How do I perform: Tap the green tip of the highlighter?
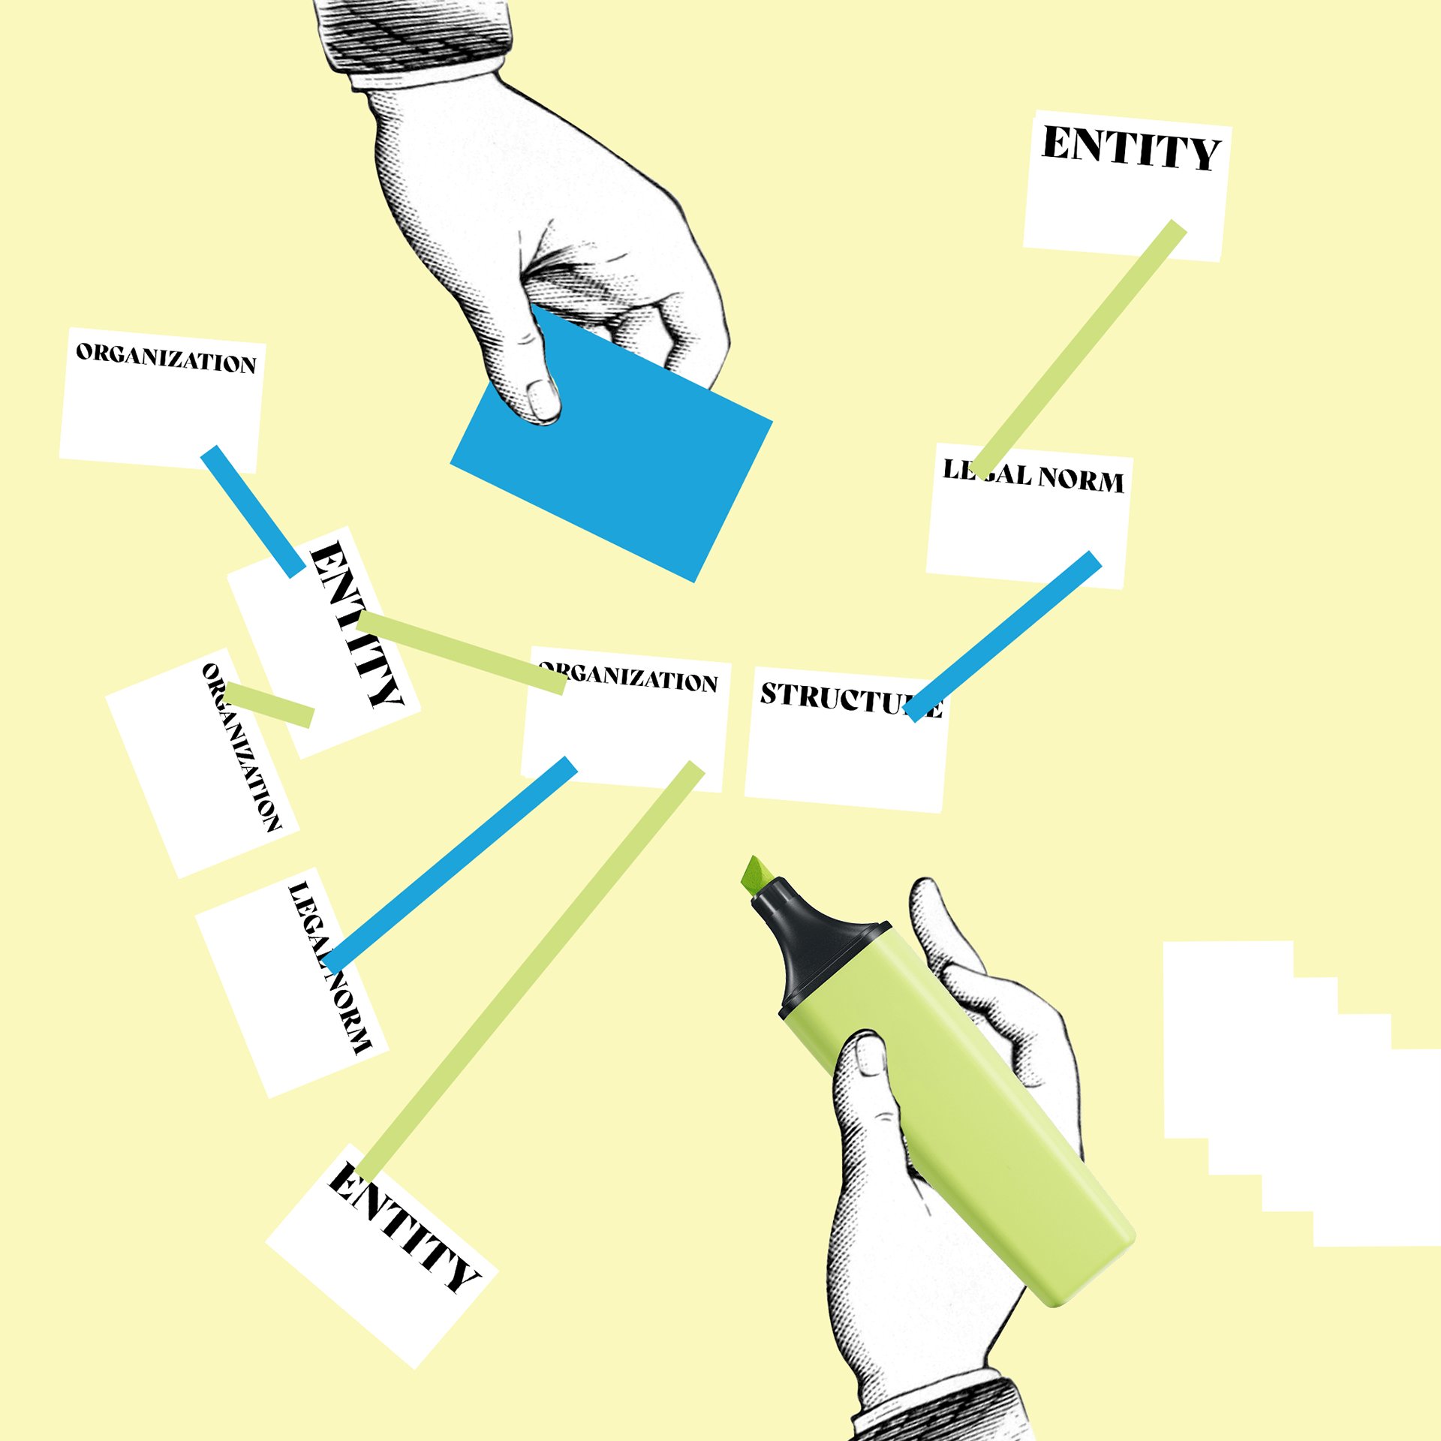tap(755, 875)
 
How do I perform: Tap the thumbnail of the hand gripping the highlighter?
tap(871, 1055)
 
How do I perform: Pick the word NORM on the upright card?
tap(1081, 480)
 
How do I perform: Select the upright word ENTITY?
tap(1130, 149)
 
